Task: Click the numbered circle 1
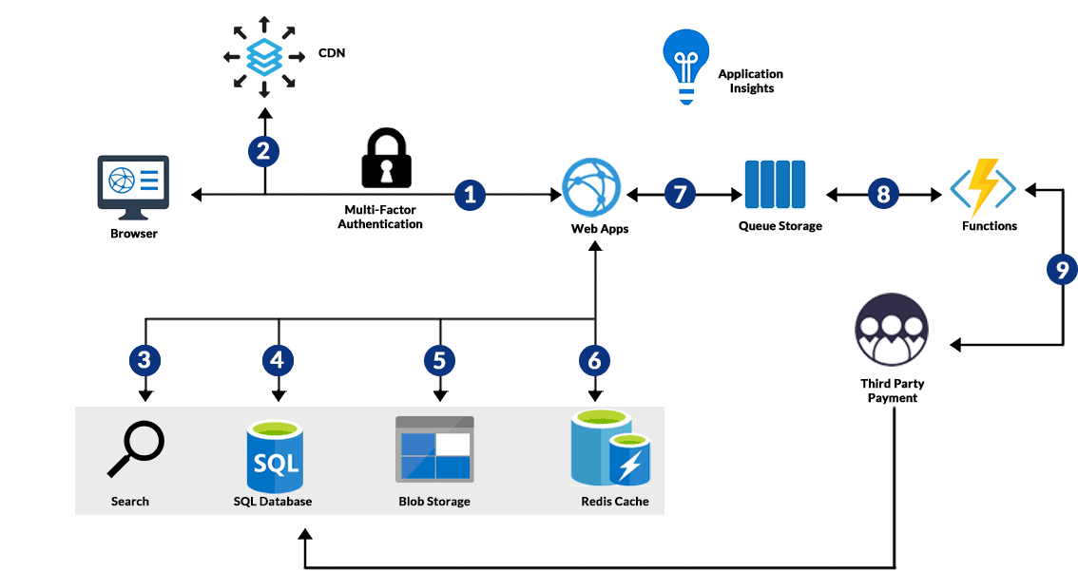pos(470,195)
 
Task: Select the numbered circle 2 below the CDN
pos(264,150)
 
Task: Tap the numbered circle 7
pos(679,195)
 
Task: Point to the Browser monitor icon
pos(133,183)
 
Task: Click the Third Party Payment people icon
pos(891,330)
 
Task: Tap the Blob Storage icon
pos(434,447)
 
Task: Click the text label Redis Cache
pos(614,501)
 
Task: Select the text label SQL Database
pos(273,501)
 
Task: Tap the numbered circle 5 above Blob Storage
pos(439,360)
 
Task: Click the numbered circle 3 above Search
pos(144,360)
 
